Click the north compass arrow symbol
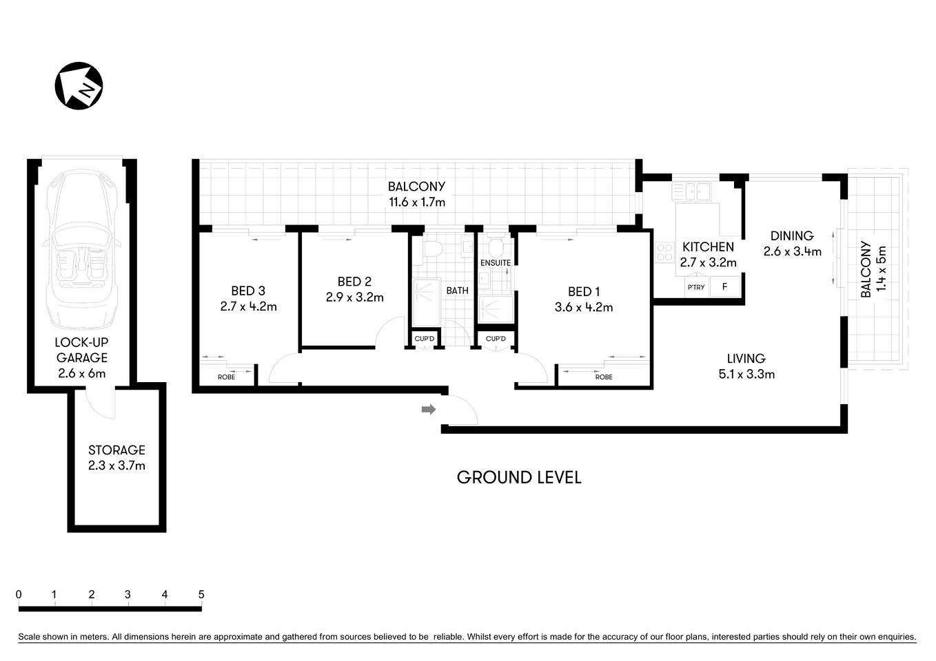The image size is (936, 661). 79,86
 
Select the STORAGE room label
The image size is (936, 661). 116,450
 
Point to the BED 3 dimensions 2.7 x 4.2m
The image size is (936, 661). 248,307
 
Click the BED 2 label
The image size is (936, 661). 354,282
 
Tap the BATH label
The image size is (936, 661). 457,291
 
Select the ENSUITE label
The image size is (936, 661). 496,263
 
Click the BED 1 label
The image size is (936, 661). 583,291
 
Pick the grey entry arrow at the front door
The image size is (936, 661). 429,410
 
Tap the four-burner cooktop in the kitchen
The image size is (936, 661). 664,253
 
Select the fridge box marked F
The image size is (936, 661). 724,286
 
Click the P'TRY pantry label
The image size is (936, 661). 695,287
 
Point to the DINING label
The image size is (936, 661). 792,235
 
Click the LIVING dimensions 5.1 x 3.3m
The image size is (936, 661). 746,375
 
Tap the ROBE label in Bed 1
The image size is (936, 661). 604,377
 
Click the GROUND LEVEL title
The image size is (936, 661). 519,477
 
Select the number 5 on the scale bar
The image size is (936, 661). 201,594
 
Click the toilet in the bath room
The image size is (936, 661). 433,247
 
